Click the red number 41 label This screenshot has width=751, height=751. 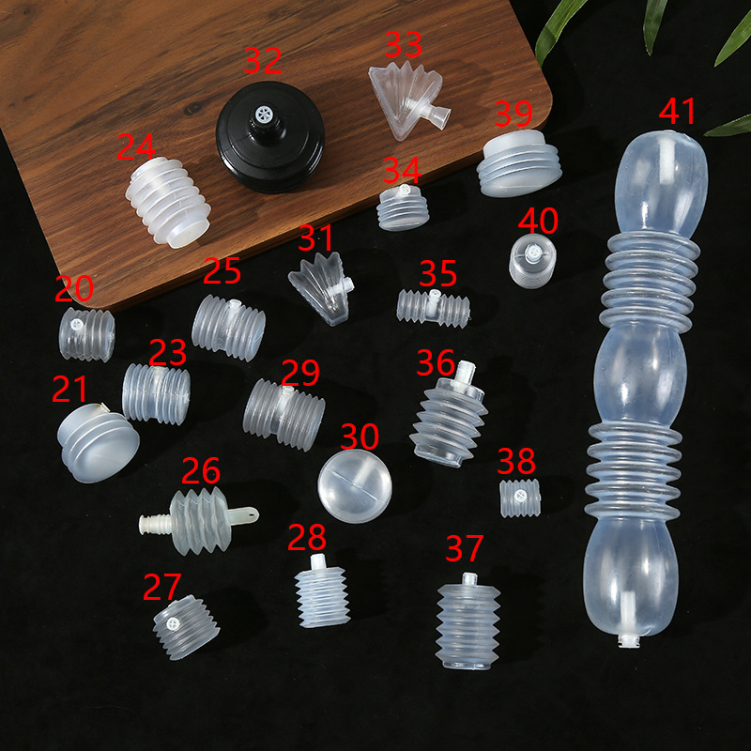pos(678,110)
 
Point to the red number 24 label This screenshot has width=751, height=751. pos(136,146)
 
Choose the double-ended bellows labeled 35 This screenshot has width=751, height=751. pos(433,306)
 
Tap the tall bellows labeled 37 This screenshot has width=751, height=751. pos(468,620)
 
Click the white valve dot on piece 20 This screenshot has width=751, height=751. pos(77,324)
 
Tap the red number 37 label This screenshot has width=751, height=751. pos(465,547)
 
